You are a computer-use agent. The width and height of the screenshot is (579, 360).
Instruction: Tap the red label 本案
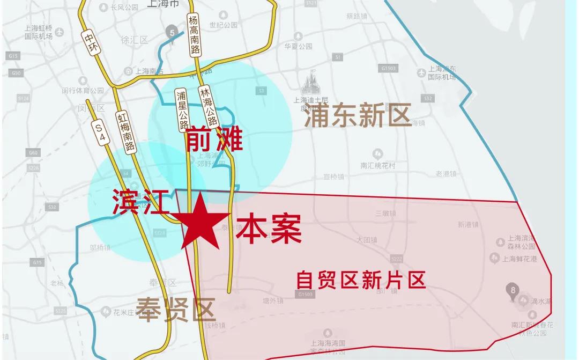tap(269, 229)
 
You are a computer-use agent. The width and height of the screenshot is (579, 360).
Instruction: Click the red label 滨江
tap(141, 203)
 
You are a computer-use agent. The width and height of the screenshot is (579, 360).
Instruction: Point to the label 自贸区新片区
tap(361, 280)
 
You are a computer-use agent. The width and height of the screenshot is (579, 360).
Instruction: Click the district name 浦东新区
tap(357, 115)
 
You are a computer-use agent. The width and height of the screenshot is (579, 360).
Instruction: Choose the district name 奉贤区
tap(176, 310)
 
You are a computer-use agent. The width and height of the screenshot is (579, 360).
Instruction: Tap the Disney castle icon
tap(309, 83)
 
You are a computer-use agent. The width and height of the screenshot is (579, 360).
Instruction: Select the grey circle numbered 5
tap(172, 31)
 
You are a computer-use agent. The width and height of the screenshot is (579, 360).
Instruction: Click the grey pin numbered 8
tap(513, 292)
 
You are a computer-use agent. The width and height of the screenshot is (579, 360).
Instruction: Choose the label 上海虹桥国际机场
tap(39, 32)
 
